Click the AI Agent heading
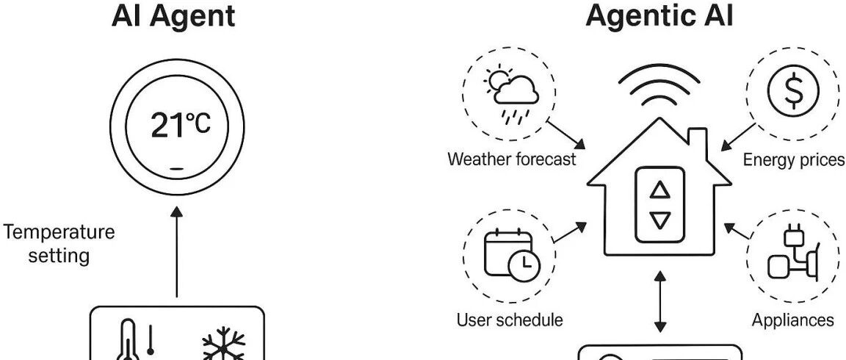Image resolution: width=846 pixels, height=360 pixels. pyautogui.click(x=173, y=15)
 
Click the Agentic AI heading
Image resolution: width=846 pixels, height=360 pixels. pyautogui.click(x=659, y=15)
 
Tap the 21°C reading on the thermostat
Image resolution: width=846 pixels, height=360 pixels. pyautogui.click(x=179, y=126)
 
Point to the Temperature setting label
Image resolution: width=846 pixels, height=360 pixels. pyautogui.click(x=59, y=244)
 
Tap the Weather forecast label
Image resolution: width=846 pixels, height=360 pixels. pyautogui.click(x=512, y=159)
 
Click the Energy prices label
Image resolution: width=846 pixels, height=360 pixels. pyautogui.click(x=794, y=160)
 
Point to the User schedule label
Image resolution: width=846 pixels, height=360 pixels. pyautogui.click(x=510, y=320)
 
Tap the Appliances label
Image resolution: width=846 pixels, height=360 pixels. pyautogui.click(x=793, y=320)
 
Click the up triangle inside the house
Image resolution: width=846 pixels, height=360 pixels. pyautogui.click(x=661, y=190)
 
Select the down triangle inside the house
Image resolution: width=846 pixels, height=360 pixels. pyautogui.click(x=661, y=220)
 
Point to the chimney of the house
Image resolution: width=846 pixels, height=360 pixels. pyautogui.click(x=696, y=137)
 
